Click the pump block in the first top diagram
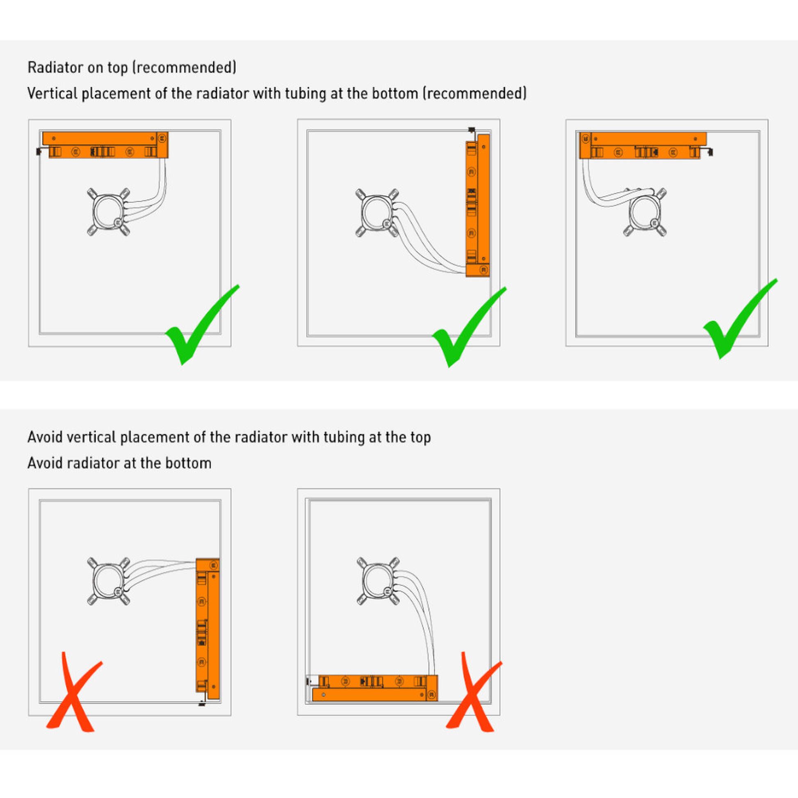click(x=109, y=212)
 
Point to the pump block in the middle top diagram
click(x=377, y=213)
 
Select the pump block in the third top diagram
click(x=645, y=213)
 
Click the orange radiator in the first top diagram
click(x=105, y=145)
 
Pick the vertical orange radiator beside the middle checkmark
click(x=478, y=205)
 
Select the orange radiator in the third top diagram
click(x=643, y=146)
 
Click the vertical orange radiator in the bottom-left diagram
click(x=208, y=629)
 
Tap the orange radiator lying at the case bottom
click(x=375, y=688)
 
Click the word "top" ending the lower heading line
click(x=420, y=438)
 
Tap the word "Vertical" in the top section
click(x=52, y=93)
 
